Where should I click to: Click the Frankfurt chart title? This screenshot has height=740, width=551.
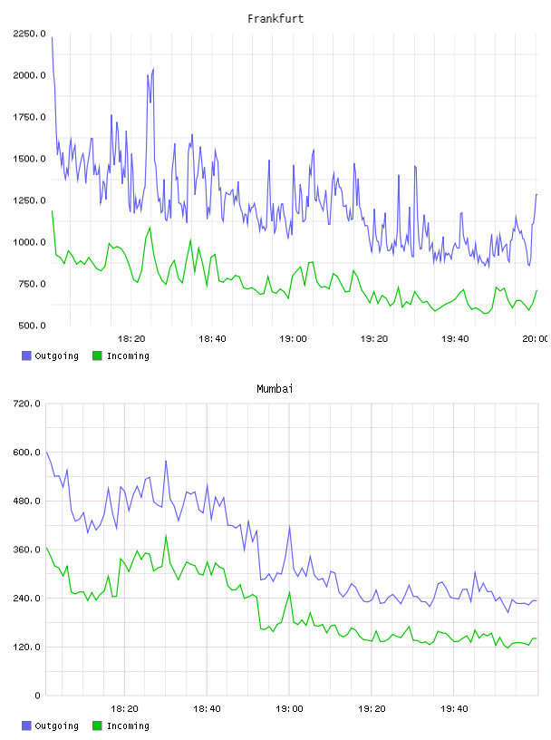pyautogui.click(x=275, y=18)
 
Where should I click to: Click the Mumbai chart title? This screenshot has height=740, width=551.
pyautogui.click(x=275, y=388)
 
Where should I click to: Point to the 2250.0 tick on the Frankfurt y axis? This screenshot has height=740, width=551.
pyautogui.click(x=29, y=34)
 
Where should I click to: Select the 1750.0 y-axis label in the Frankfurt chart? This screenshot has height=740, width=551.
pyautogui.click(x=29, y=117)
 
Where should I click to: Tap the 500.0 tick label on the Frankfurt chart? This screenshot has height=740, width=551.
pyautogui.click(x=32, y=326)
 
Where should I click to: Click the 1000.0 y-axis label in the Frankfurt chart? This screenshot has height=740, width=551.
pyautogui.click(x=29, y=242)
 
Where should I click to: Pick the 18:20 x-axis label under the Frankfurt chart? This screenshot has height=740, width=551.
pyautogui.click(x=131, y=338)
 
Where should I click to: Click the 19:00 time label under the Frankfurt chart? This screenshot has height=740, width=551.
pyautogui.click(x=293, y=338)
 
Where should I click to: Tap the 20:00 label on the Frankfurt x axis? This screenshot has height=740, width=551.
pyautogui.click(x=536, y=338)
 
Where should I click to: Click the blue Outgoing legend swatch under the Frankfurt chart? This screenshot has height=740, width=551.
pyautogui.click(x=26, y=355)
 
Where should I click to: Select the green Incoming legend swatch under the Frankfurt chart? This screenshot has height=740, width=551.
pyautogui.click(x=97, y=355)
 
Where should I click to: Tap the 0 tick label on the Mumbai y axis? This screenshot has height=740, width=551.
pyautogui.click(x=38, y=696)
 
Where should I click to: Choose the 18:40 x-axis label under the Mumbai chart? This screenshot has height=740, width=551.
pyautogui.click(x=207, y=708)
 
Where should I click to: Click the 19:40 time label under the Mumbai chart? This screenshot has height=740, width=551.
pyautogui.click(x=454, y=708)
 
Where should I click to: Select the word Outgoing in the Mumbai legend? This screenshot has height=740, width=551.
pyautogui.click(x=56, y=725)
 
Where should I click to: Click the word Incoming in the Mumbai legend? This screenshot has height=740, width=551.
pyautogui.click(x=128, y=725)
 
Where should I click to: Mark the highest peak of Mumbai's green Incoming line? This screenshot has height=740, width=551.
pyautogui.click(x=166, y=536)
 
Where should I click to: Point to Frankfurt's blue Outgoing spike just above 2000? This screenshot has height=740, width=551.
pyautogui.click(x=153, y=69)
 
